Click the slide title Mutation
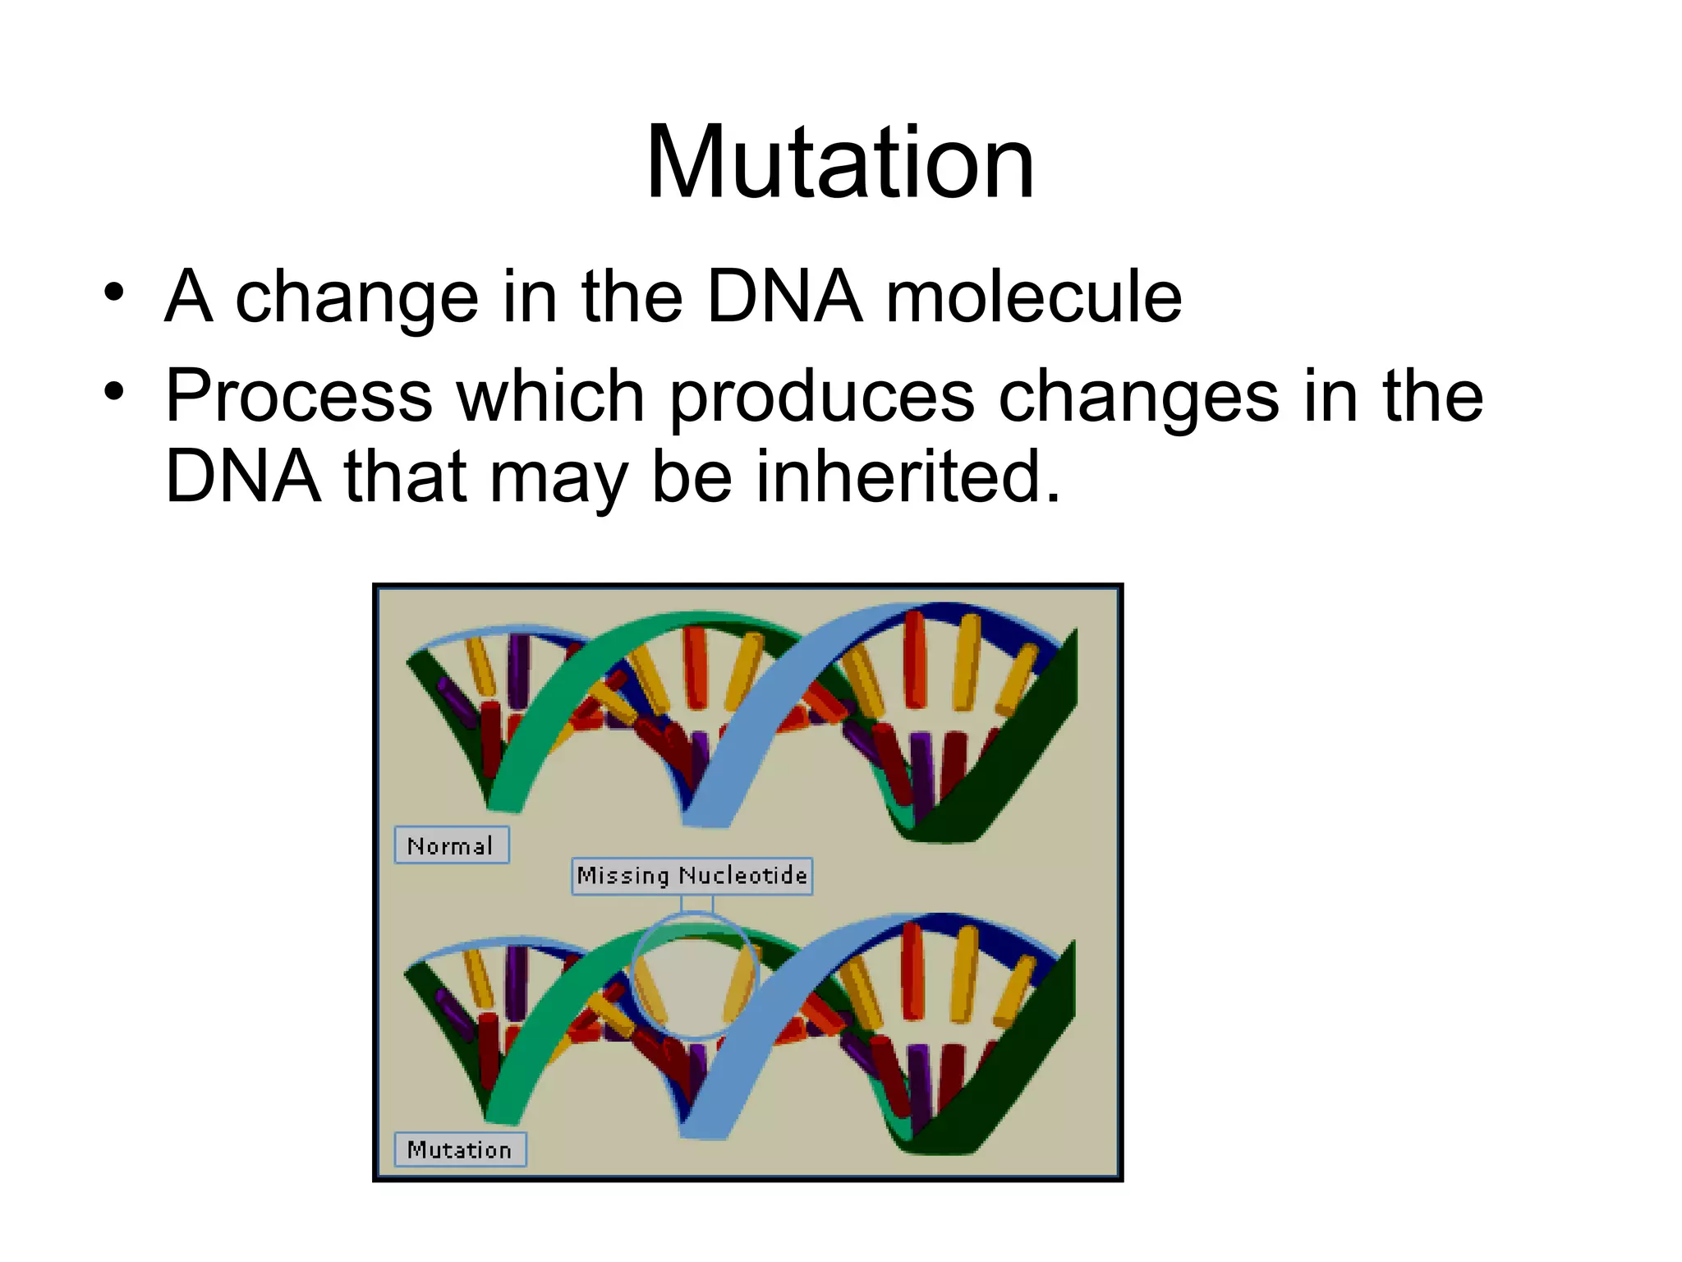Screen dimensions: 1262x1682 (839, 162)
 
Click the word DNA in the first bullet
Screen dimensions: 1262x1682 (784, 297)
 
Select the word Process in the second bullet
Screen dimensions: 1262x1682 (299, 397)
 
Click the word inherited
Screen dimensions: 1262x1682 (908, 477)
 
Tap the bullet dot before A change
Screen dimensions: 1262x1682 (114, 292)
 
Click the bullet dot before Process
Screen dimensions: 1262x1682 (114, 392)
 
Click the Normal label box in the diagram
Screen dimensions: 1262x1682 (451, 845)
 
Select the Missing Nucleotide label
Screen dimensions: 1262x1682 (692, 876)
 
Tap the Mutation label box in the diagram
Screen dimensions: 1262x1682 (459, 1149)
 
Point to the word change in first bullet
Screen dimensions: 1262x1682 (356, 297)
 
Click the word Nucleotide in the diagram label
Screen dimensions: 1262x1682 (742, 876)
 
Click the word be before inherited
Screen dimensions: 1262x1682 (691, 477)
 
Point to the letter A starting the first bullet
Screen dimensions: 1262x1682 (189, 297)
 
